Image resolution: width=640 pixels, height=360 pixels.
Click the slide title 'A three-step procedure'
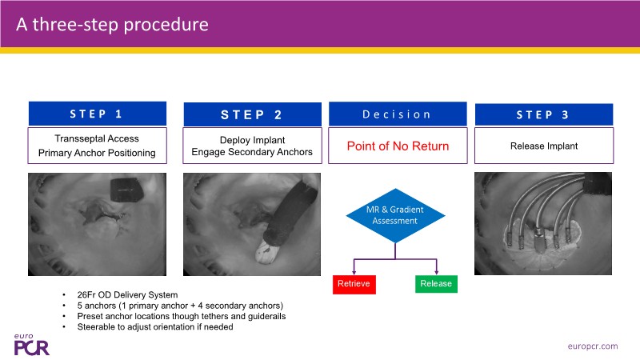point(113,24)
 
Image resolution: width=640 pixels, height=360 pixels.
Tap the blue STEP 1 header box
point(98,114)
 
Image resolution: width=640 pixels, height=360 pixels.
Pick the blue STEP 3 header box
point(543,114)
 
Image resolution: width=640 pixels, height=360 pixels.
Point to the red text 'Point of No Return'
point(397,146)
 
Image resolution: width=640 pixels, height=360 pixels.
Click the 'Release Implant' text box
point(543,146)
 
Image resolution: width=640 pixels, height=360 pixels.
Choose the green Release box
point(436,283)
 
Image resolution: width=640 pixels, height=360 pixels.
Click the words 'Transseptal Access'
point(98,138)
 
